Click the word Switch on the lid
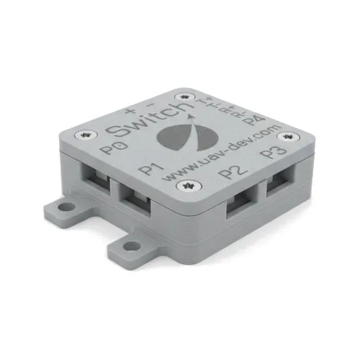point(143,120)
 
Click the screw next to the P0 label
point(89,135)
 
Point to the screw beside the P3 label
point(287,135)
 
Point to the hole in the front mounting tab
point(132,247)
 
